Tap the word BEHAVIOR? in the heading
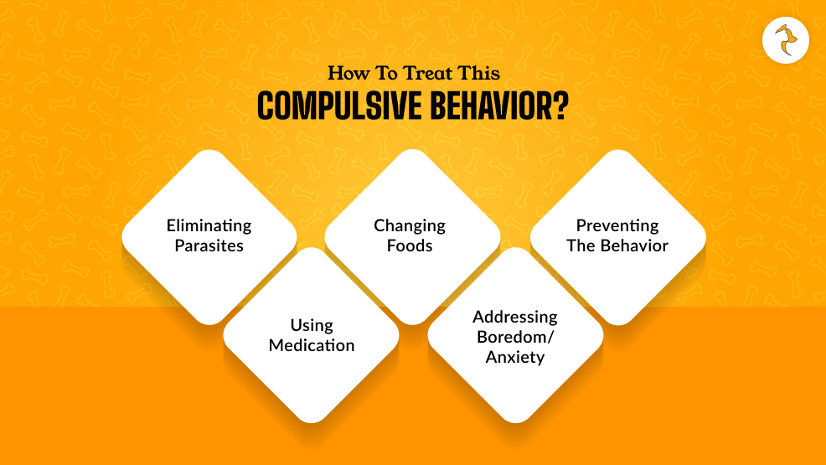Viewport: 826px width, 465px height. [x=492, y=107]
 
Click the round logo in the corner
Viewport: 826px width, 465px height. [x=786, y=39]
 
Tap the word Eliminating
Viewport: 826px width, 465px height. [x=209, y=225]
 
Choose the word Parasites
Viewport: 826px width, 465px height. [x=209, y=245]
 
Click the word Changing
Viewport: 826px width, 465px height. [x=410, y=225]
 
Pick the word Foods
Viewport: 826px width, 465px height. [x=410, y=245]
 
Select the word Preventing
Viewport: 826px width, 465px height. [x=617, y=225]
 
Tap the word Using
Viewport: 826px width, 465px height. [x=312, y=325]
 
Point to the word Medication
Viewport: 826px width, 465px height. [x=312, y=345]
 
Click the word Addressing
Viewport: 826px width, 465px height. [x=515, y=317]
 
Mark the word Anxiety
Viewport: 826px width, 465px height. [x=515, y=357]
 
